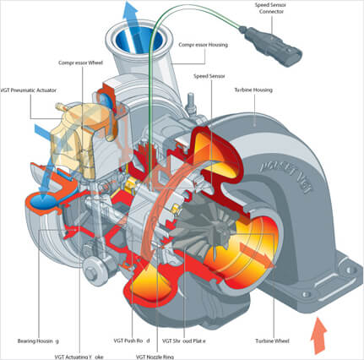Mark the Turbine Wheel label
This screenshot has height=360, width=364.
coord(273,341)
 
